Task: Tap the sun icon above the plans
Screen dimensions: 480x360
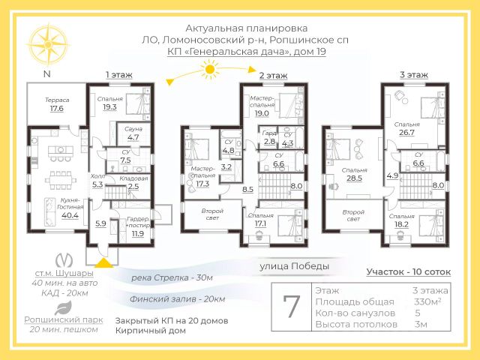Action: [x=209, y=71]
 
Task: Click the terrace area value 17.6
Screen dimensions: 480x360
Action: [x=57, y=109]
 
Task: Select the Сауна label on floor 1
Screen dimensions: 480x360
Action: [x=133, y=128]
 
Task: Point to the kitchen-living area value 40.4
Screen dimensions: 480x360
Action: [x=70, y=216]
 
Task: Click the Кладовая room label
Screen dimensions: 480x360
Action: [x=133, y=178]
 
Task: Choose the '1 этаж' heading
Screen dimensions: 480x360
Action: [x=118, y=75]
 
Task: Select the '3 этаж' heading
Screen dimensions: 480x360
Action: [x=413, y=75]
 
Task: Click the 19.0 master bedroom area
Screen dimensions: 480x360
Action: [x=262, y=113]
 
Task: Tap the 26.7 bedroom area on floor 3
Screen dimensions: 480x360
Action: [x=407, y=132]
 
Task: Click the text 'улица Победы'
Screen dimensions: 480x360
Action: [x=294, y=266]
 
